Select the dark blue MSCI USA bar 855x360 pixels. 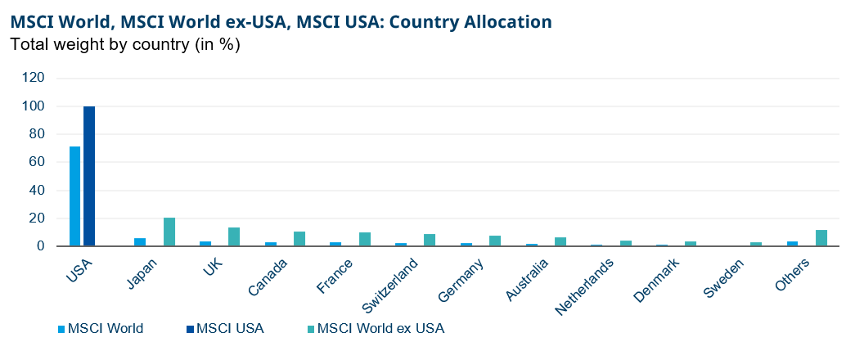tap(89, 176)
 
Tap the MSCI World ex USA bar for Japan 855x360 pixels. tap(169, 232)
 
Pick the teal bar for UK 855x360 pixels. tap(234, 236)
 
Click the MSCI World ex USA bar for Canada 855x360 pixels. tap(299, 238)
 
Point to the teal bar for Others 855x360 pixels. tap(821, 237)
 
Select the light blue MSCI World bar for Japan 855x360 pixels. tap(140, 241)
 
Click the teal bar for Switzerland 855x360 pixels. tap(430, 240)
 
